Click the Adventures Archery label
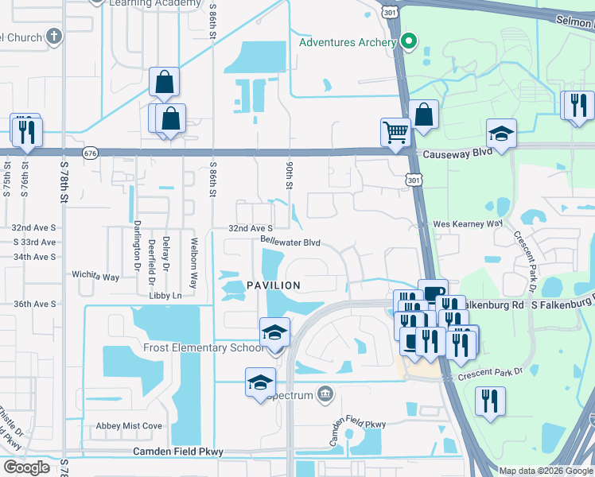pos(348,42)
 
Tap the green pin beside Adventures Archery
pos(410,41)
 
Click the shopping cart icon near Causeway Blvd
pos(395,132)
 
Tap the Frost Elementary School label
pos(204,347)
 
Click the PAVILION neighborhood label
pos(273,285)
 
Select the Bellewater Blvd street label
pos(290,242)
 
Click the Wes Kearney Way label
pos(468,224)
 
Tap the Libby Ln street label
pos(165,296)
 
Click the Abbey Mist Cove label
pos(129,426)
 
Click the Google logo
pos(27,467)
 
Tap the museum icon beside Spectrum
pos(325,393)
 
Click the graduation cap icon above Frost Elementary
pos(274,332)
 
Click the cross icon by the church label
pos(53,36)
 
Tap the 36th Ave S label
pos(35,304)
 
